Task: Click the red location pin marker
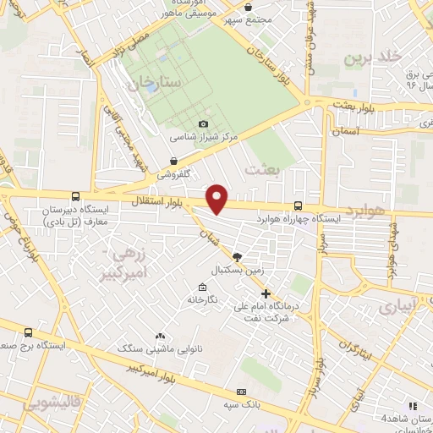pyautogui.click(x=217, y=198)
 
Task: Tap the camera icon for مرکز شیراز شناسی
pyautogui.click(x=202, y=124)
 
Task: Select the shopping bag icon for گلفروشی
pyautogui.click(x=173, y=160)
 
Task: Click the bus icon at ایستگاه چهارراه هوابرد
pyautogui.click(x=298, y=206)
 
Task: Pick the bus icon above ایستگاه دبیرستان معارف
pyautogui.click(x=76, y=196)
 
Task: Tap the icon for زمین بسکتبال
pyautogui.click(x=237, y=257)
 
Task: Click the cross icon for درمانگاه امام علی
pyautogui.click(x=266, y=293)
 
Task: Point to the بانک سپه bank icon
pyautogui.click(x=242, y=392)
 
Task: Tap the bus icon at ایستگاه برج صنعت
pyautogui.click(x=30, y=333)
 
